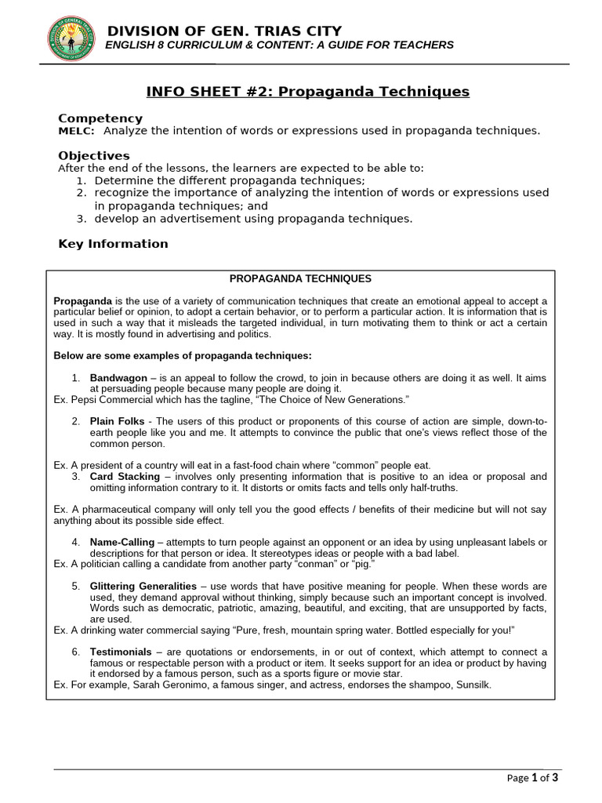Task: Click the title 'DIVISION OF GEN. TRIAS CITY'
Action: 224,31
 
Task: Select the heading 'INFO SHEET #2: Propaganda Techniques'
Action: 308,92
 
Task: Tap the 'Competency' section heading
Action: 92,118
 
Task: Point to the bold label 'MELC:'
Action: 77,131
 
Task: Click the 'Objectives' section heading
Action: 94,155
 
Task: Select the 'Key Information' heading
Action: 113,244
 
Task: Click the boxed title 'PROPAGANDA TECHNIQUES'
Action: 300,278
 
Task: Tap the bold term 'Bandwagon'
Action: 118,378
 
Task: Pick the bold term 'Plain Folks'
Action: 118,421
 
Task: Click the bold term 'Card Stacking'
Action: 122,476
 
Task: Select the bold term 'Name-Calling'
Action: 122,542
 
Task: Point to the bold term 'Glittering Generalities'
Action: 144,586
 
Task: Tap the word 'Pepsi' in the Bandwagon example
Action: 83,400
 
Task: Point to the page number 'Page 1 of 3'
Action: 532,779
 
